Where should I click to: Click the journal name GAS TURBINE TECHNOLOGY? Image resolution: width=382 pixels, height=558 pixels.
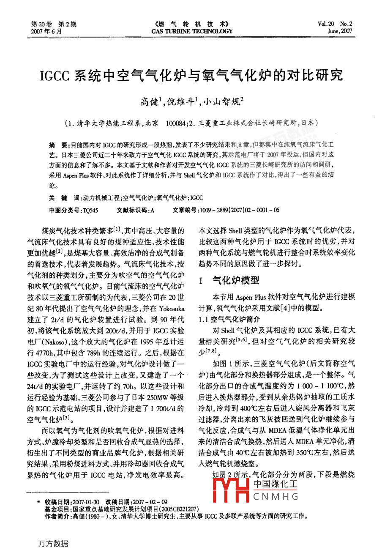[192, 31]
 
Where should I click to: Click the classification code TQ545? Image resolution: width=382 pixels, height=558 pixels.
[90, 210]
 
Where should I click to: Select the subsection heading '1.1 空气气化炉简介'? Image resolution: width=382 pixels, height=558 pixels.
[229, 319]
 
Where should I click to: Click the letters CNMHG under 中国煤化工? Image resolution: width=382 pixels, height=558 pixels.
[276, 497]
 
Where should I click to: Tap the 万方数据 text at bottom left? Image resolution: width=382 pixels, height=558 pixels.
[53, 544]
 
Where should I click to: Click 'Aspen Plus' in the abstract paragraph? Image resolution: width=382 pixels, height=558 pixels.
[76, 175]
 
